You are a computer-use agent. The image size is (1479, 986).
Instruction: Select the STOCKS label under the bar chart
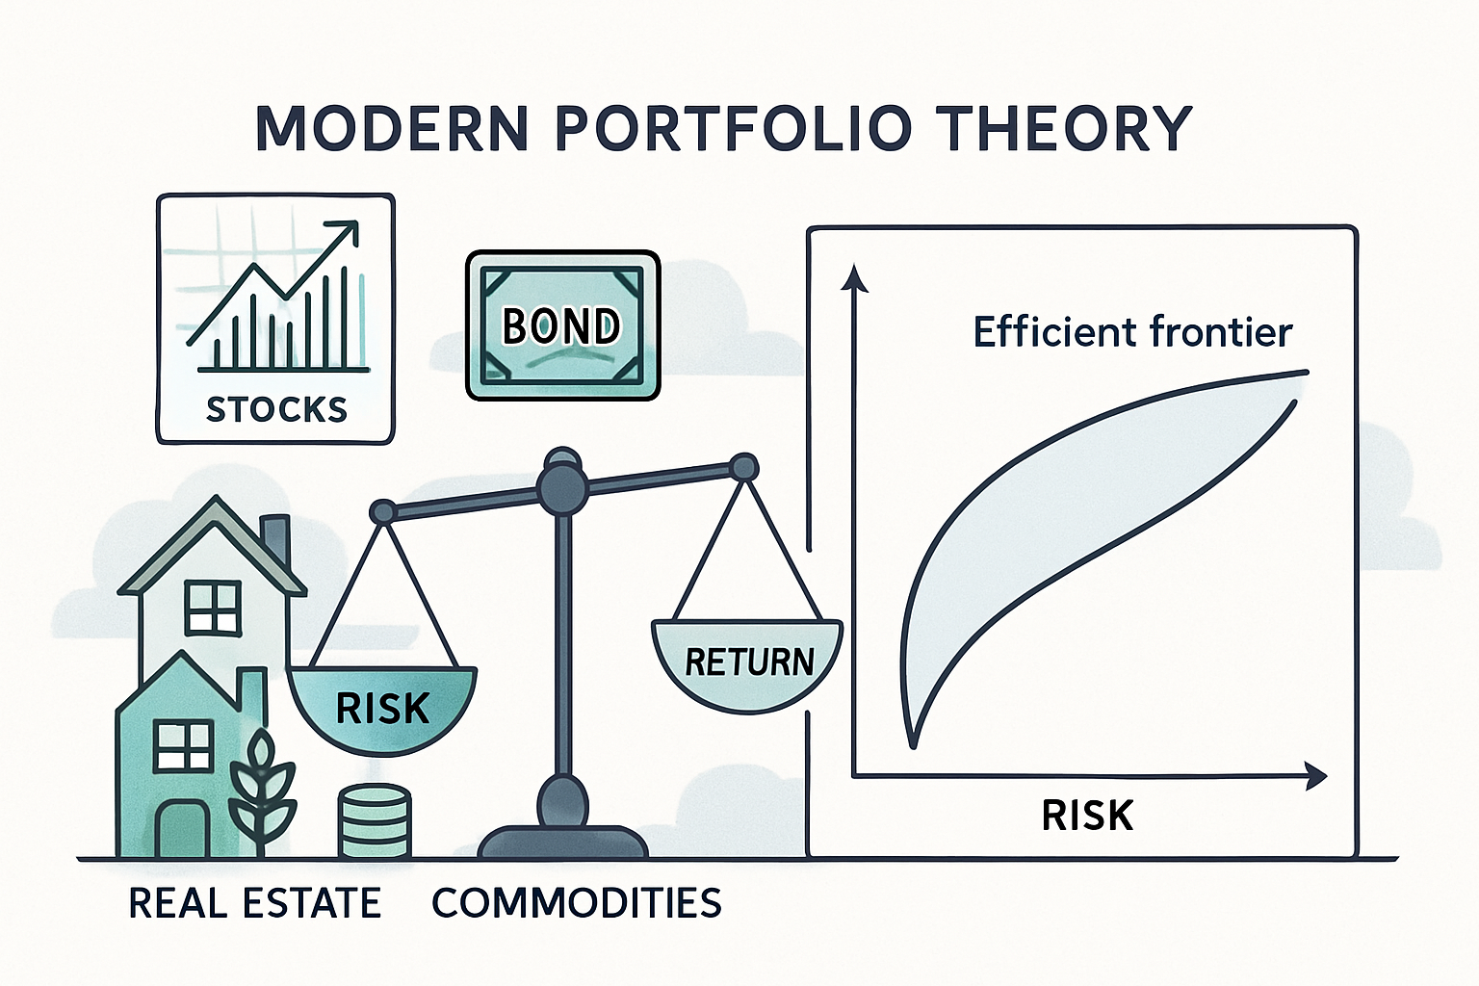coord(276,409)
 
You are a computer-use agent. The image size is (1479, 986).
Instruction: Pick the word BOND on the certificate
coord(561,326)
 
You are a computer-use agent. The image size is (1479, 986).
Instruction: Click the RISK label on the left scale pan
coord(382,709)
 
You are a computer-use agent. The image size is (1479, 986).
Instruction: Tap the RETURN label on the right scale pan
coord(749,662)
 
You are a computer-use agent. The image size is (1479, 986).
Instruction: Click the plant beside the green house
coord(261,794)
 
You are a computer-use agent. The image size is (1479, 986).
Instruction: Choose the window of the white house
coord(212,607)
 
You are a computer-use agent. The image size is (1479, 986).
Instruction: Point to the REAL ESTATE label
coord(254,903)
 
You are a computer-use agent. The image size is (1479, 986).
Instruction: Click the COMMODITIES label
coord(576,903)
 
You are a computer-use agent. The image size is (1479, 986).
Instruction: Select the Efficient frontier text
coord(1132,332)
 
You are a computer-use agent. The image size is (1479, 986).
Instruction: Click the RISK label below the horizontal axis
coord(1087,816)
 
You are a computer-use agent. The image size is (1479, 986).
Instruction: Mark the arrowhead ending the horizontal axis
coord(1315,775)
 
